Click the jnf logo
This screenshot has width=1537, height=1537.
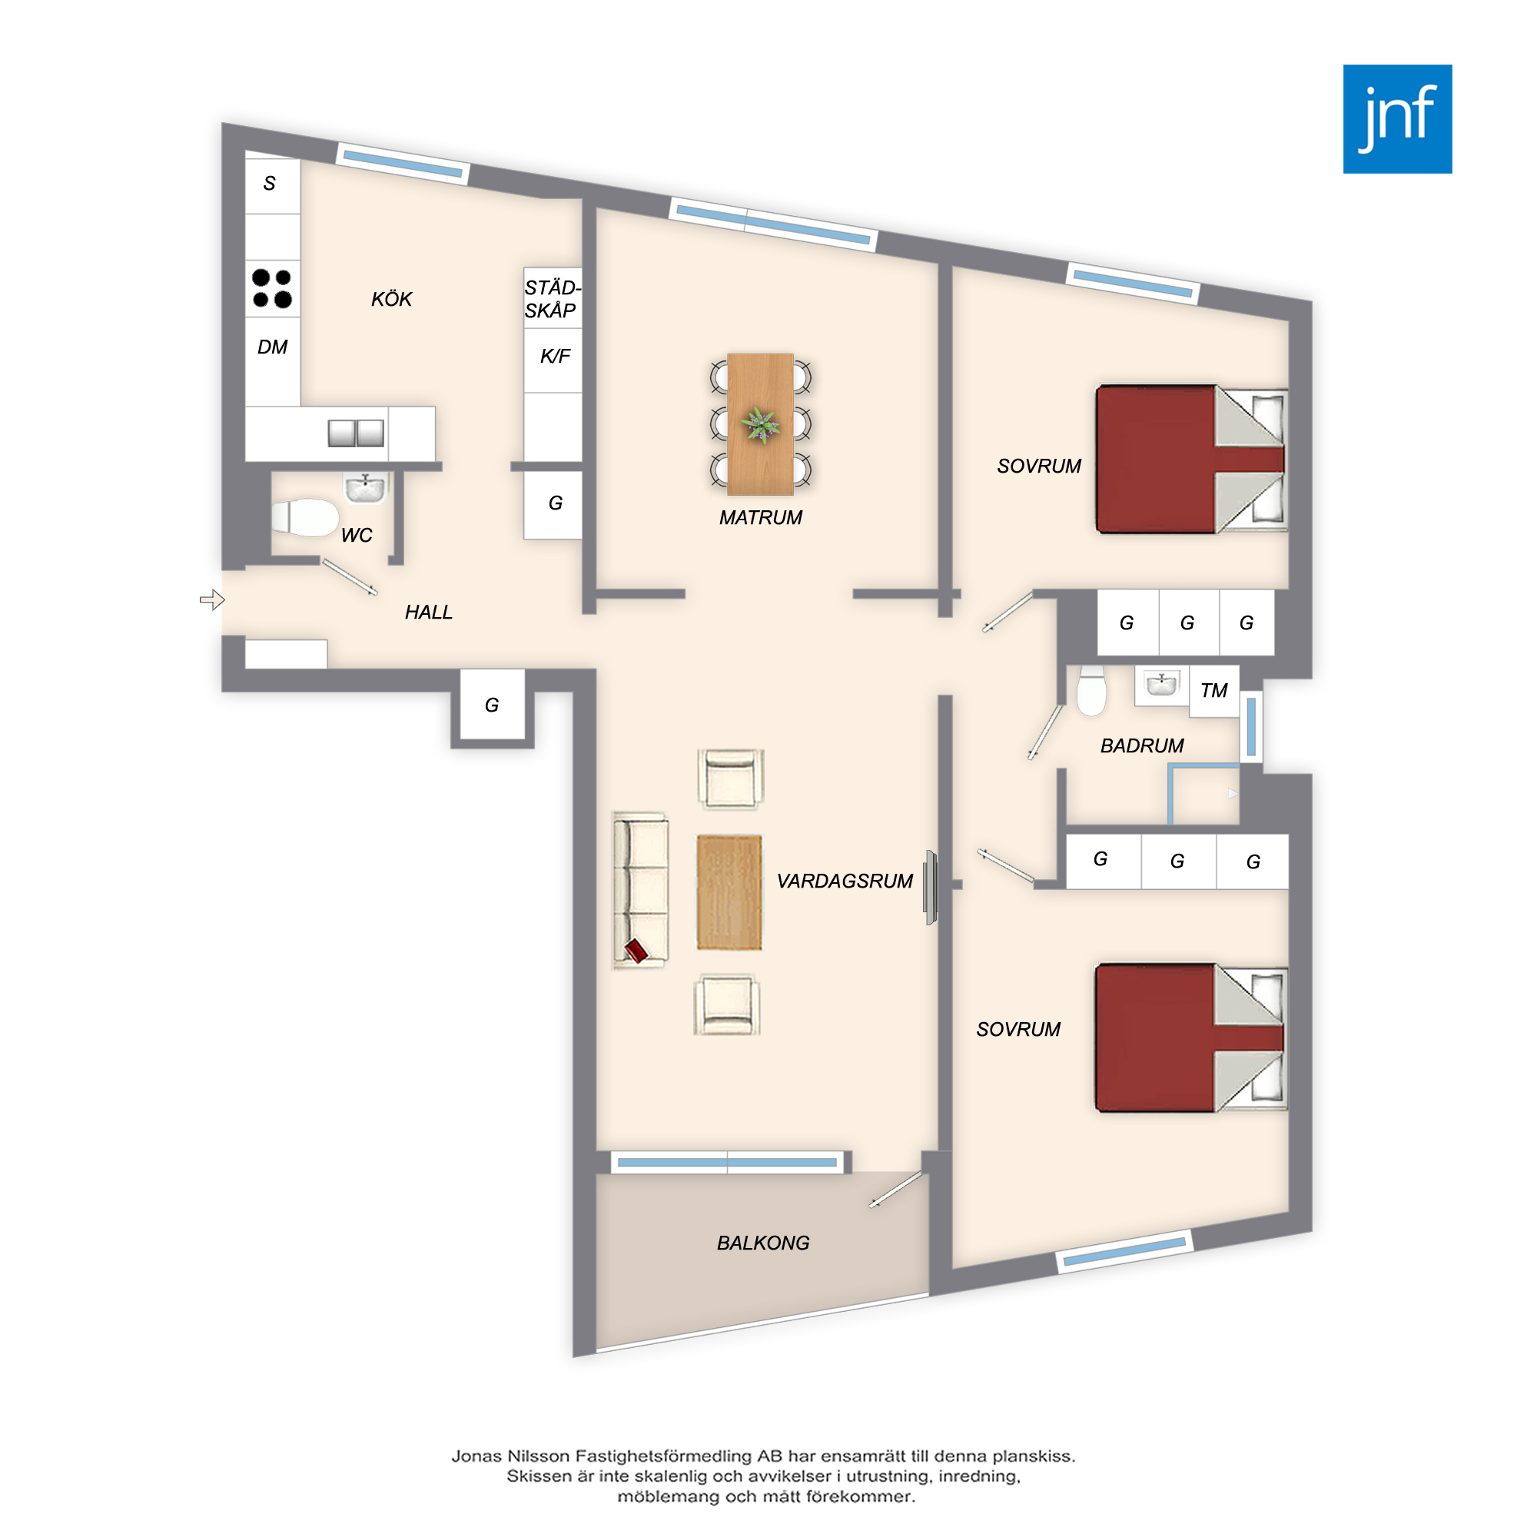tap(1397, 119)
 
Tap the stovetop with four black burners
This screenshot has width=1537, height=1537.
tap(272, 288)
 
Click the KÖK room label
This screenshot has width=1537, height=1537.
tap(391, 299)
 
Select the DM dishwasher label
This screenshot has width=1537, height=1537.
tap(272, 347)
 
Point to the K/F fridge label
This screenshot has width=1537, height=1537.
tap(556, 356)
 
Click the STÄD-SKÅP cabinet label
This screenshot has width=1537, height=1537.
tap(552, 299)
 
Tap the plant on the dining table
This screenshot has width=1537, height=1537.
tap(761, 425)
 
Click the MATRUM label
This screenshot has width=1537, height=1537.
tap(761, 518)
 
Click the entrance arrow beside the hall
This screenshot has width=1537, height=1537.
tap(212, 600)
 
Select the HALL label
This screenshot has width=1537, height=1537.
tap(428, 612)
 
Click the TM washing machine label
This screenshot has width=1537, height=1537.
tap(1214, 691)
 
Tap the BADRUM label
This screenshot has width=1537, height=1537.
tap(1142, 745)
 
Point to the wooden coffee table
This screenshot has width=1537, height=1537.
tap(729, 891)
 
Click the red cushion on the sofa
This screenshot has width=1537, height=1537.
tap(636, 950)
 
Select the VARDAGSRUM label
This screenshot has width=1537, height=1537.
tap(845, 881)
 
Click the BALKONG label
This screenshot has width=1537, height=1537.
tap(763, 1243)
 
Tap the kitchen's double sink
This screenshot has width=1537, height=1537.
tap(356, 433)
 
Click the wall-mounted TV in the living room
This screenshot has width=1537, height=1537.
tap(930, 887)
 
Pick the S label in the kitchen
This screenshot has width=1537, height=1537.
tap(270, 183)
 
